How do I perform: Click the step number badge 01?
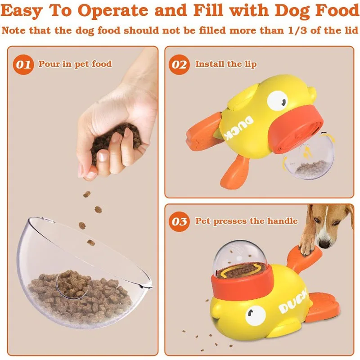[x=23, y=65]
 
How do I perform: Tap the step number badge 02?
[x=179, y=65]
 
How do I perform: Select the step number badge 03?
[x=179, y=221]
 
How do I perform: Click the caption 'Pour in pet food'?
[x=75, y=64]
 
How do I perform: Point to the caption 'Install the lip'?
[x=225, y=64]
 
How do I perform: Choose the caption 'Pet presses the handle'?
[x=246, y=221]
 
